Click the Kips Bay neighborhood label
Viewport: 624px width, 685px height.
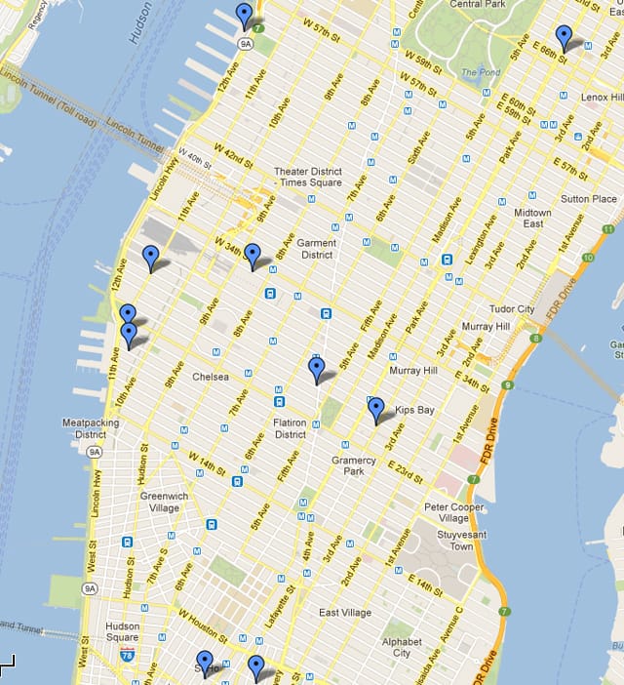pyautogui.click(x=414, y=410)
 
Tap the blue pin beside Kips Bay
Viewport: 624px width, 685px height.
pyautogui.click(x=376, y=409)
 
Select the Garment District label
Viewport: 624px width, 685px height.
pyautogui.click(x=317, y=249)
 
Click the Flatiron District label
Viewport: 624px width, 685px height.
pyautogui.click(x=291, y=428)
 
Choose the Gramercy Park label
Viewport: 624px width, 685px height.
pyautogui.click(x=353, y=465)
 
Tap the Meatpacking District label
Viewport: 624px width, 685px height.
pyautogui.click(x=90, y=428)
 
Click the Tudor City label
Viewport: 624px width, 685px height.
pyautogui.click(x=512, y=309)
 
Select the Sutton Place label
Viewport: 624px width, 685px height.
pyautogui.click(x=590, y=199)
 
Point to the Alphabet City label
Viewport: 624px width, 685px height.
pyautogui.click(x=402, y=647)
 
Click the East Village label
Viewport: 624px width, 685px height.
pyautogui.click(x=345, y=612)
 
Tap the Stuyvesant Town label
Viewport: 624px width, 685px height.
pyautogui.click(x=448, y=540)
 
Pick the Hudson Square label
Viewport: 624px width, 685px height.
pyautogui.click(x=123, y=632)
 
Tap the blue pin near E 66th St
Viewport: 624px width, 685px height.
pyautogui.click(x=564, y=37)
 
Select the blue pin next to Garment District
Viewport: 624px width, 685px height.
pyautogui.click(x=253, y=255)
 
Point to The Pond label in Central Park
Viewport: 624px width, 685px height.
pyautogui.click(x=479, y=72)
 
